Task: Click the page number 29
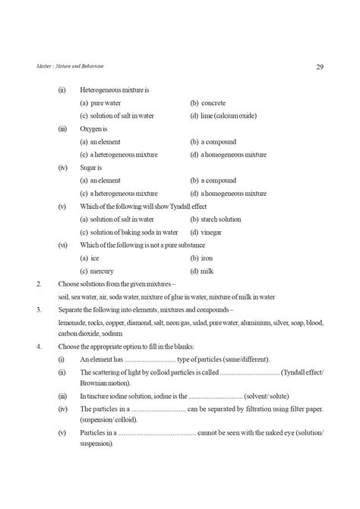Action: click(320, 68)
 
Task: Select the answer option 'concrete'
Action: click(214, 103)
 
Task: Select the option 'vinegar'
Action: click(213, 232)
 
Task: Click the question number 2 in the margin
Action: click(39, 283)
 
